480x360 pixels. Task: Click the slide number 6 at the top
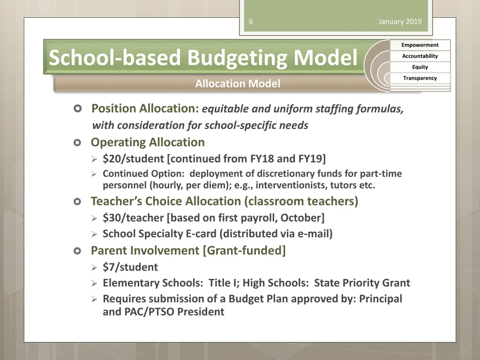(x=251, y=22)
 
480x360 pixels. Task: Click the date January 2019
(x=400, y=22)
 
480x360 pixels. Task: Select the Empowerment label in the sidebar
(x=420, y=45)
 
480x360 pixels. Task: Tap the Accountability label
(x=420, y=56)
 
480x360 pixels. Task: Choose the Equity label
(x=420, y=67)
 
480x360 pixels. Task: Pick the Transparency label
(x=420, y=78)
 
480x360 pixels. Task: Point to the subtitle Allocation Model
(x=238, y=84)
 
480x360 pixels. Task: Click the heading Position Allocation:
(x=145, y=109)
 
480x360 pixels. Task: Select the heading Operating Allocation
(x=148, y=142)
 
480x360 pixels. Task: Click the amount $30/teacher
(x=133, y=217)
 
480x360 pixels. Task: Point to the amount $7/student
(x=130, y=267)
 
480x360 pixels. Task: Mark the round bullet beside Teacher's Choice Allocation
(x=78, y=202)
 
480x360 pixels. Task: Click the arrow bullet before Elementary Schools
(x=94, y=283)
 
